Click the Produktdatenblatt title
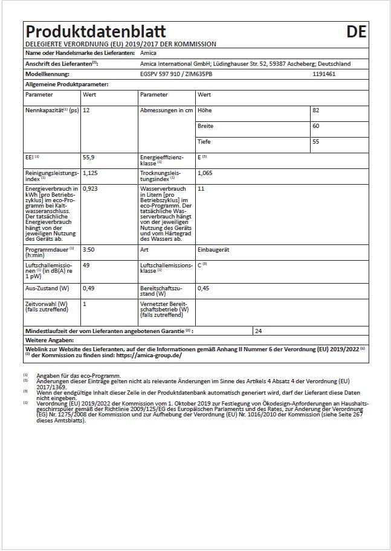[95, 31]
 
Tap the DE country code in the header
[357, 31]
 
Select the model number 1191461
[324, 74]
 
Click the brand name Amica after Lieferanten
[147, 54]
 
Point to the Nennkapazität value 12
[86, 110]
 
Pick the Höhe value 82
[315, 110]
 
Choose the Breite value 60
[315, 126]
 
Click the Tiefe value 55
[315, 142]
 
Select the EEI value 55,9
[89, 157]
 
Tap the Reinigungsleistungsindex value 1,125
[90, 173]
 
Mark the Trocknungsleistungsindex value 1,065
[205, 173]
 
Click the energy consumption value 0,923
[90, 189]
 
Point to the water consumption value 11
[201, 189]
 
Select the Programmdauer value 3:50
[88, 249]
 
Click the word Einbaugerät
[213, 249]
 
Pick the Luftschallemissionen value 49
[86, 265]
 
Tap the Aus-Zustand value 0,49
[88, 288]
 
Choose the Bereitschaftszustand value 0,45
[204, 288]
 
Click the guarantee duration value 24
[259, 331]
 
